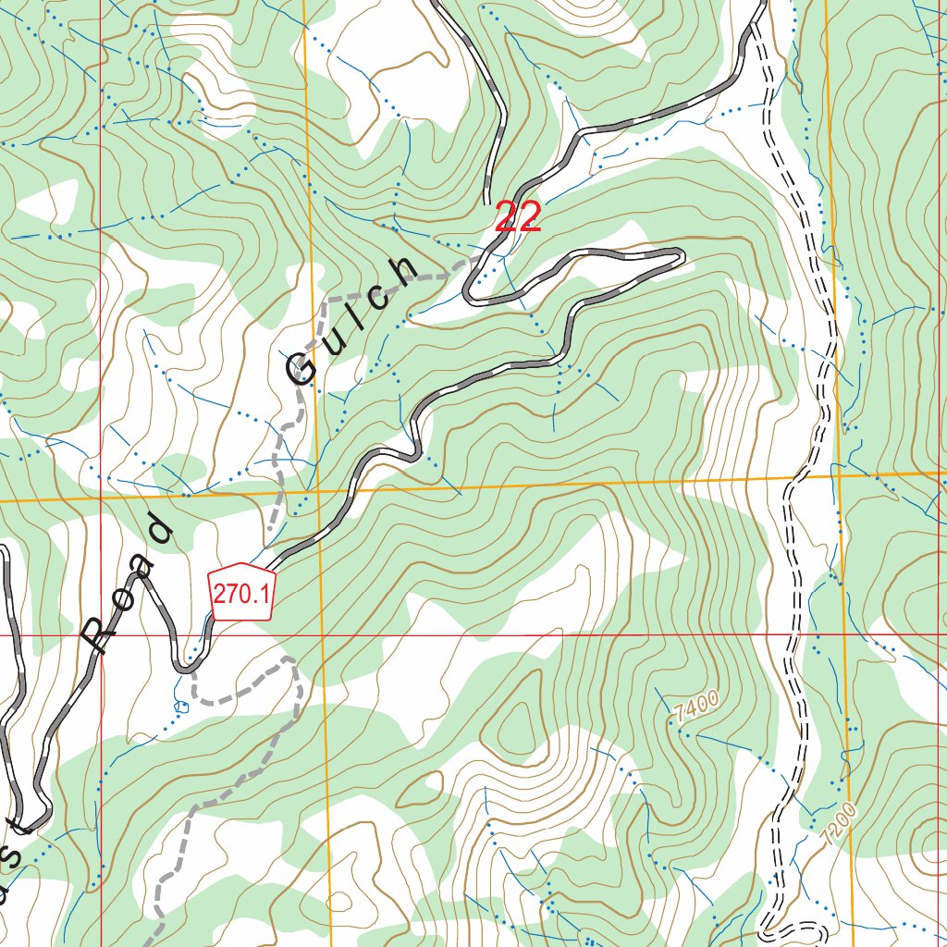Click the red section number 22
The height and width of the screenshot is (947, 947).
click(518, 218)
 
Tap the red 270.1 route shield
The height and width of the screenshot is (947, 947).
click(241, 592)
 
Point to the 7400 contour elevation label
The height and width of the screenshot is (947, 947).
click(695, 710)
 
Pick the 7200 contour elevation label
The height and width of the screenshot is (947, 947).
click(838, 822)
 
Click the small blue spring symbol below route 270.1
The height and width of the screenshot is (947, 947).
click(180, 707)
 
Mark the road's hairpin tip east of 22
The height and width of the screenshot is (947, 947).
click(682, 255)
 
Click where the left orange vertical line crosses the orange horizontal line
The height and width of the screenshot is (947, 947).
click(315, 489)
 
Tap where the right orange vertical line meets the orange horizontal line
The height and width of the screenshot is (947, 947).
click(835, 474)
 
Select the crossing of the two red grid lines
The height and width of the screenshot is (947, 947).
click(102, 635)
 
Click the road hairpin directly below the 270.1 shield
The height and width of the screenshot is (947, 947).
click(184, 666)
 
